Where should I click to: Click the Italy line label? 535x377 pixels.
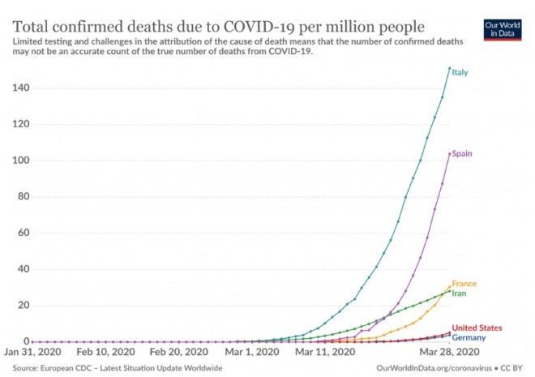pos(460,72)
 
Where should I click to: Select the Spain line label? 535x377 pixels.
pos(463,153)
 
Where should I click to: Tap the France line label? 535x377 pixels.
pos(464,284)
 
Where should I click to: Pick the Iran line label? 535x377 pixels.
pos(460,293)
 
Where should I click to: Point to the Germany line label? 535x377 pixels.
pos(469,336)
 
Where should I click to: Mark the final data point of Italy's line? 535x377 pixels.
pos(450,68)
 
